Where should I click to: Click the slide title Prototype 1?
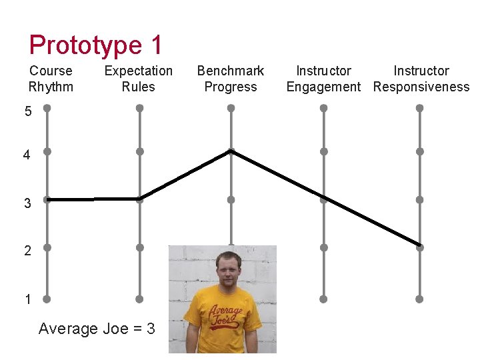click(95, 45)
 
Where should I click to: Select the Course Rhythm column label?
click(51, 79)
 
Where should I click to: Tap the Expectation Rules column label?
click(139, 79)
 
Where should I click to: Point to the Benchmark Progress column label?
click(231, 79)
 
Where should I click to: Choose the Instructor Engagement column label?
click(323, 79)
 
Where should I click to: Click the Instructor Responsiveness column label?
click(421, 79)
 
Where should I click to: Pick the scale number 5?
click(27, 112)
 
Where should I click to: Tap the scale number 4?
click(27, 155)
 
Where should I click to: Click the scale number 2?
click(27, 251)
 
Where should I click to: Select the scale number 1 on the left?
click(27, 299)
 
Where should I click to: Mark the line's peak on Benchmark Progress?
click(231, 151)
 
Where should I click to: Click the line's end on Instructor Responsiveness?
click(419, 245)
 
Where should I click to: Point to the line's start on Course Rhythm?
click(47, 199)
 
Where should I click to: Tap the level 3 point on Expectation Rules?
click(139, 199)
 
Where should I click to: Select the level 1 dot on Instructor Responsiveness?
click(419, 299)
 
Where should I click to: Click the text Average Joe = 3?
click(97, 329)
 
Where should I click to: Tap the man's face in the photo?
click(227, 269)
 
